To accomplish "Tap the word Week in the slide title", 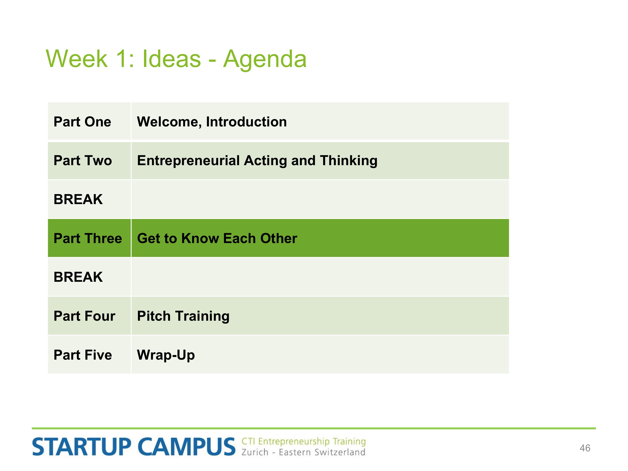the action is tap(77, 59).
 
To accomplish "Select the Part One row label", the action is tap(82, 122).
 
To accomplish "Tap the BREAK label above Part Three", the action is tap(78, 199).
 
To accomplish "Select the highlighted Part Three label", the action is tap(88, 238).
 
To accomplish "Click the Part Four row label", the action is tap(85, 316).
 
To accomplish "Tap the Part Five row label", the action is tap(83, 355).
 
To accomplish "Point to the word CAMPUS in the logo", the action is tap(187, 447).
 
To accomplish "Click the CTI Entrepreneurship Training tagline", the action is tap(304, 442).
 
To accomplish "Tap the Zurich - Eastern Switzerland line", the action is tap(304, 452).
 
